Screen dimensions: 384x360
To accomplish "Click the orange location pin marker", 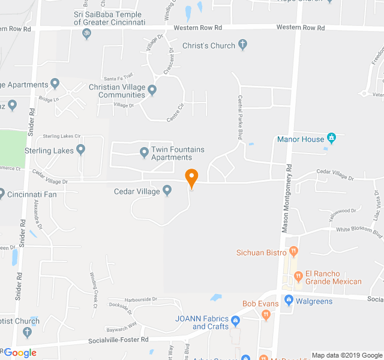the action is click(191, 178).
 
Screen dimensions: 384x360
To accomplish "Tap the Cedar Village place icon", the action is click(167, 191).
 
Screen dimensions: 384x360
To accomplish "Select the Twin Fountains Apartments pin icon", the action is click(144, 153).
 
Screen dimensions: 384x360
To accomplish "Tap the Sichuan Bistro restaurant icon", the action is click(293, 251).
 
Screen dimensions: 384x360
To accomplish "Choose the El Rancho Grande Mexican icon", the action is click(298, 277).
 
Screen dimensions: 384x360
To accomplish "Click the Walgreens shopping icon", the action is click(289, 300).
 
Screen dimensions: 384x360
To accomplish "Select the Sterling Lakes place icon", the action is click(80, 149).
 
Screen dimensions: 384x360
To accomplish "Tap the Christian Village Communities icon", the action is click(152, 91).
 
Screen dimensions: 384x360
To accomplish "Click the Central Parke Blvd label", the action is click(239, 118).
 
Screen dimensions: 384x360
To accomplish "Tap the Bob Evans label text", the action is click(260, 304).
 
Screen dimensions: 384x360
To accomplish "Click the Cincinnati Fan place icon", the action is click(1, 194).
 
